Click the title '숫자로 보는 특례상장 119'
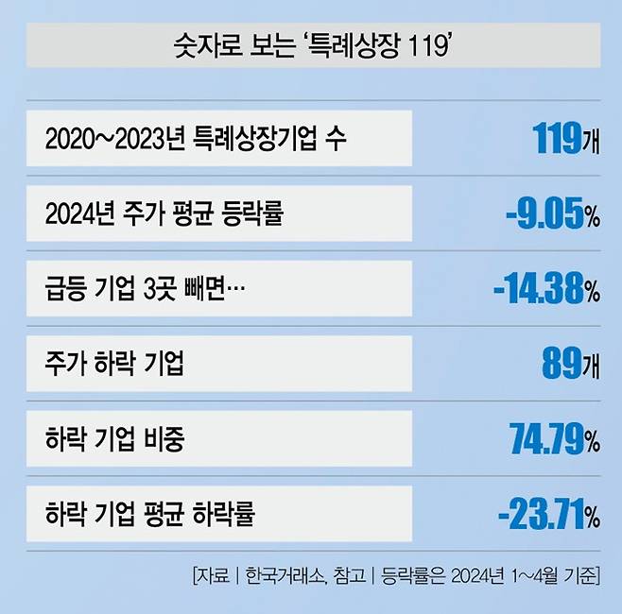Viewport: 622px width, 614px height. pyautogui.click(x=311, y=44)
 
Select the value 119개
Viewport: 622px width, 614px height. pyautogui.click(x=566, y=140)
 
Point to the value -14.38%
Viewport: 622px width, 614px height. pyautogui.click(x=546, y=290)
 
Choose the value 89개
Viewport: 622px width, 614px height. pyautogui.click(x=572, y=364)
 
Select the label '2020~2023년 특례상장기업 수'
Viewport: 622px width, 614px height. pyautogui.click(x=196, y=139)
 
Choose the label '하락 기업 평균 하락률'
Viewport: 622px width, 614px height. pyautogui.click(x=149, y=515)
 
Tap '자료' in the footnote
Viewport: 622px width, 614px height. pyautogui.click(x=212, y=574)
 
